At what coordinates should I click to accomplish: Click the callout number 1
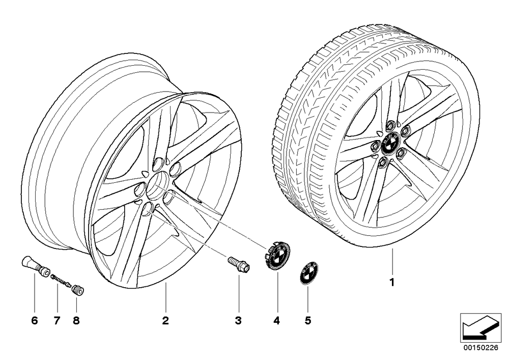[x=392, y=282]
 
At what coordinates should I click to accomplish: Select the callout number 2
[x=165, y=321]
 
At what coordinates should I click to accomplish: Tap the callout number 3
[x=238, y=321]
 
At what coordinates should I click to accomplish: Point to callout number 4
[x=276, y=321]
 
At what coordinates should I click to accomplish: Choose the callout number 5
[x=308, y=321]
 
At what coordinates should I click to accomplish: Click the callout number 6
[x=35, y=321]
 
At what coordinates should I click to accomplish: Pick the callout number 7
[x=57, y=321]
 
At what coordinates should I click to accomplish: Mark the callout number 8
[x=76, y=321]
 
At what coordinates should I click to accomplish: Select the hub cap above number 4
[x=277, y=256]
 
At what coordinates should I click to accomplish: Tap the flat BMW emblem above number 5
[x=309, y=273]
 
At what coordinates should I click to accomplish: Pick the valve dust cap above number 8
[x=78, y=289]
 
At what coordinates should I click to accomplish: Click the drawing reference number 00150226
[x=480, y=348]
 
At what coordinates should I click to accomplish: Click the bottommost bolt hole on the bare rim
[x=148, y=210]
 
